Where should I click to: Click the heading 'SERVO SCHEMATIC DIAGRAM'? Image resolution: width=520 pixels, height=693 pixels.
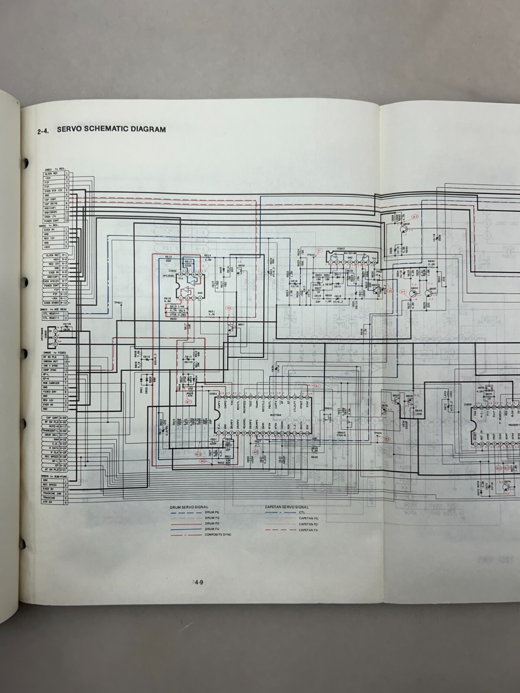click(x=111, y=129)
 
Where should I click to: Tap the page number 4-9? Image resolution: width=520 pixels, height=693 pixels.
click(x=198, y=583)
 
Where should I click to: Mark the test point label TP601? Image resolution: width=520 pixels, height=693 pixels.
click(x=118, y=302)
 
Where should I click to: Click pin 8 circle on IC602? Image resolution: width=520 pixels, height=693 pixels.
click(x=182, y=275)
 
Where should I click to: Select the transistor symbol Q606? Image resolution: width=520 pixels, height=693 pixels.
click(x=405, y=227)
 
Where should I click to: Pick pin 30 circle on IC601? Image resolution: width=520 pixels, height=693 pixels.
click(x=219, y=397)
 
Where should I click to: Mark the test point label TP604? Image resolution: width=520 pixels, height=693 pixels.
click(x=378, y=433)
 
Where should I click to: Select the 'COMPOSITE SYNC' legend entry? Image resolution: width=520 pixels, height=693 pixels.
click(x=218, y=534)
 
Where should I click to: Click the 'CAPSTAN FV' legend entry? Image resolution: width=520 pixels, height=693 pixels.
click(x=309, y=530)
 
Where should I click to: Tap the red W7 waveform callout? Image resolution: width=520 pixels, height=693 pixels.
click(x=188, y=402)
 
